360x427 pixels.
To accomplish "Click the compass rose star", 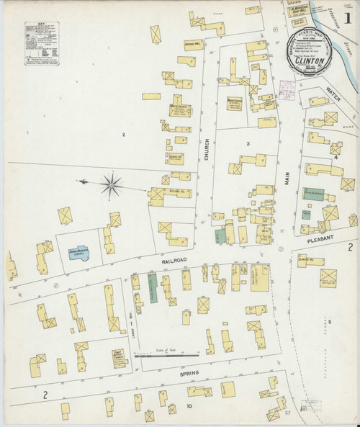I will point(111,184).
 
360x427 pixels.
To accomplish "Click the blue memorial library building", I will point(78,253).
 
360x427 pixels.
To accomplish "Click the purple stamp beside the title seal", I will point(287,90).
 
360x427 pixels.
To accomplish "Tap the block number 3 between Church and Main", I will point(247,144).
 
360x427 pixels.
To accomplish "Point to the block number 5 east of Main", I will point(330,321).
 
